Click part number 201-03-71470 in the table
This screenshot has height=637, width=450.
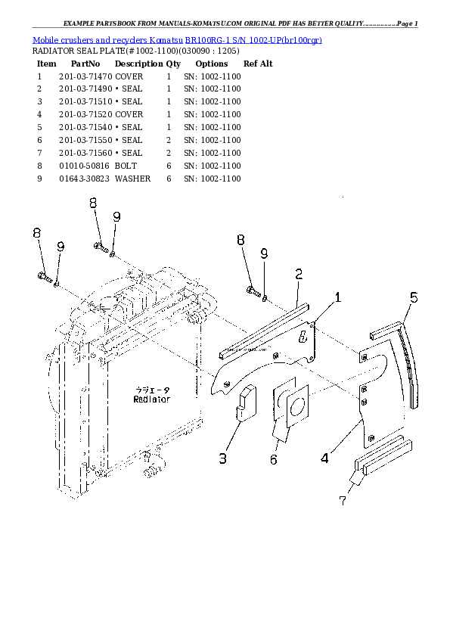(85, 77)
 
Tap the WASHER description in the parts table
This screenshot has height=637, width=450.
(132, 179)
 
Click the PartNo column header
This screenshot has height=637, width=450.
(85, 64)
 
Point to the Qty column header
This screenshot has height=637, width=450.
(173, 64)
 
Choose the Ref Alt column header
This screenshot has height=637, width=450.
(257, 64)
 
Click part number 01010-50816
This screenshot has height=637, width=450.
(84, 166)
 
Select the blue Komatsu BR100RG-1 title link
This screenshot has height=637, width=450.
(177, 39)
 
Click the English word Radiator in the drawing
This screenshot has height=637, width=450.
(151, 399)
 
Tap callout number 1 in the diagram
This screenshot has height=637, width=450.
(337, 298)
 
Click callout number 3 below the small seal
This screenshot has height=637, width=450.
(223, 458)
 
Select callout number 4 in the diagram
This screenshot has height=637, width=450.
(324, 457)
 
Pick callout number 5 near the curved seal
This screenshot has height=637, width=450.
(414, 297)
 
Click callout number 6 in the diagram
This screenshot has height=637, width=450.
(273, 459)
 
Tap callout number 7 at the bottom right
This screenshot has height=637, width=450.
(343, 500)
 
